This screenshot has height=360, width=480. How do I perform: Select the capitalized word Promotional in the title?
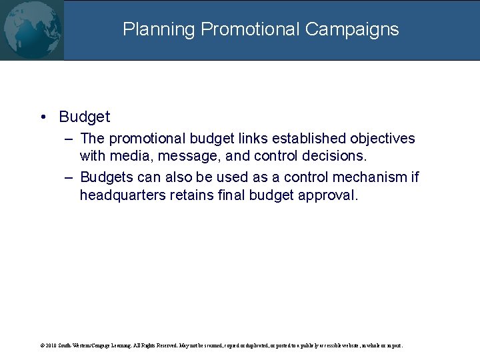pos(250,30)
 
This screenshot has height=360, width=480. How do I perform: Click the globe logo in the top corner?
pos(31,30)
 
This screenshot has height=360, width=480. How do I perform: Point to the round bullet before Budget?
pos(43,117)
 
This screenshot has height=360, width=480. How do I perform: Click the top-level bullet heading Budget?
pos(84,117)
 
